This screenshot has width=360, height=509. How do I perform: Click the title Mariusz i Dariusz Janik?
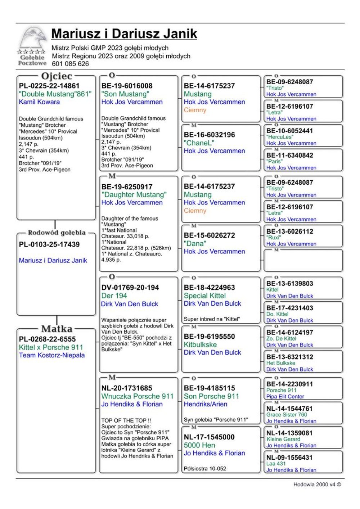tap(124, 34)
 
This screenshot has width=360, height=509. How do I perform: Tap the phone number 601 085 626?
tap(70, 64)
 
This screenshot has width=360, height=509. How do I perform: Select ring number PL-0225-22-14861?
tap(49, 86)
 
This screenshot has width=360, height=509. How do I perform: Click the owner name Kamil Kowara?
tap(39, 102)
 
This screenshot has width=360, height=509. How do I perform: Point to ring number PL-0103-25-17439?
tap(49, 244)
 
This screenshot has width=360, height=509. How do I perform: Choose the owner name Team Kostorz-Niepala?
tap(52, 355)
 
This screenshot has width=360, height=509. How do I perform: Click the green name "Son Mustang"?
tap(125, 94)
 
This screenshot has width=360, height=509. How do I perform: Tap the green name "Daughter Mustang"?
tap(134, 195)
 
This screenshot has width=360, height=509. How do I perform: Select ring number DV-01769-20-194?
tap(130, 288)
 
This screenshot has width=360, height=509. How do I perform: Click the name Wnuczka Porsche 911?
tap(137, 396)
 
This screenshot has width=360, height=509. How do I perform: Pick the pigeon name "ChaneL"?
tap(199, 143)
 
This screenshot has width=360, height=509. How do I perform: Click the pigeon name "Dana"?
tap(195, 244)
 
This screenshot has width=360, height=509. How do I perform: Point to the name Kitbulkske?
tap(200, 344)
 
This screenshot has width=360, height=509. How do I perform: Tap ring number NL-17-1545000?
tap(209, 437)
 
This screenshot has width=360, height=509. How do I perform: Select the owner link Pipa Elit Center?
tap(285, 397)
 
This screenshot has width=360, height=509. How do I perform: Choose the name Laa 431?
tap(276, 464)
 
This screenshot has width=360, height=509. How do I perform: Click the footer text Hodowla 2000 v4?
tap(317, 485)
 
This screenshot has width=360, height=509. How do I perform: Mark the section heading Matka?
tap(57, 329)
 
